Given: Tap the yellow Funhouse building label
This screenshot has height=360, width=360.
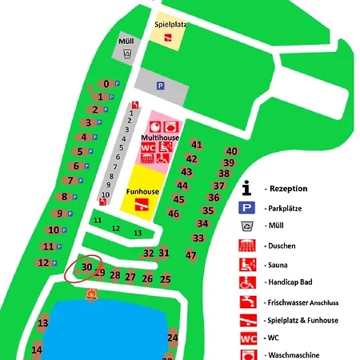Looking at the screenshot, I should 141,192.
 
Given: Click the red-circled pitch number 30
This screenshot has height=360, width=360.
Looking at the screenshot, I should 88,267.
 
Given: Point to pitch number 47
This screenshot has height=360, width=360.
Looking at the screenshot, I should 190,255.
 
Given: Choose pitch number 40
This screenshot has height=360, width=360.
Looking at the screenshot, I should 231,151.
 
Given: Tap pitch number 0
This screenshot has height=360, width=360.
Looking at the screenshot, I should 106,84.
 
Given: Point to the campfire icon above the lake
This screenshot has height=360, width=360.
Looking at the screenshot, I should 90,295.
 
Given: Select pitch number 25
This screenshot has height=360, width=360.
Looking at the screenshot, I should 166,279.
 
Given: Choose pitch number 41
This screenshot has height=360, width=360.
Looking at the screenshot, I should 196,145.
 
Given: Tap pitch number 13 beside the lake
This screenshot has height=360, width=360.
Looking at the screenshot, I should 43,323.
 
